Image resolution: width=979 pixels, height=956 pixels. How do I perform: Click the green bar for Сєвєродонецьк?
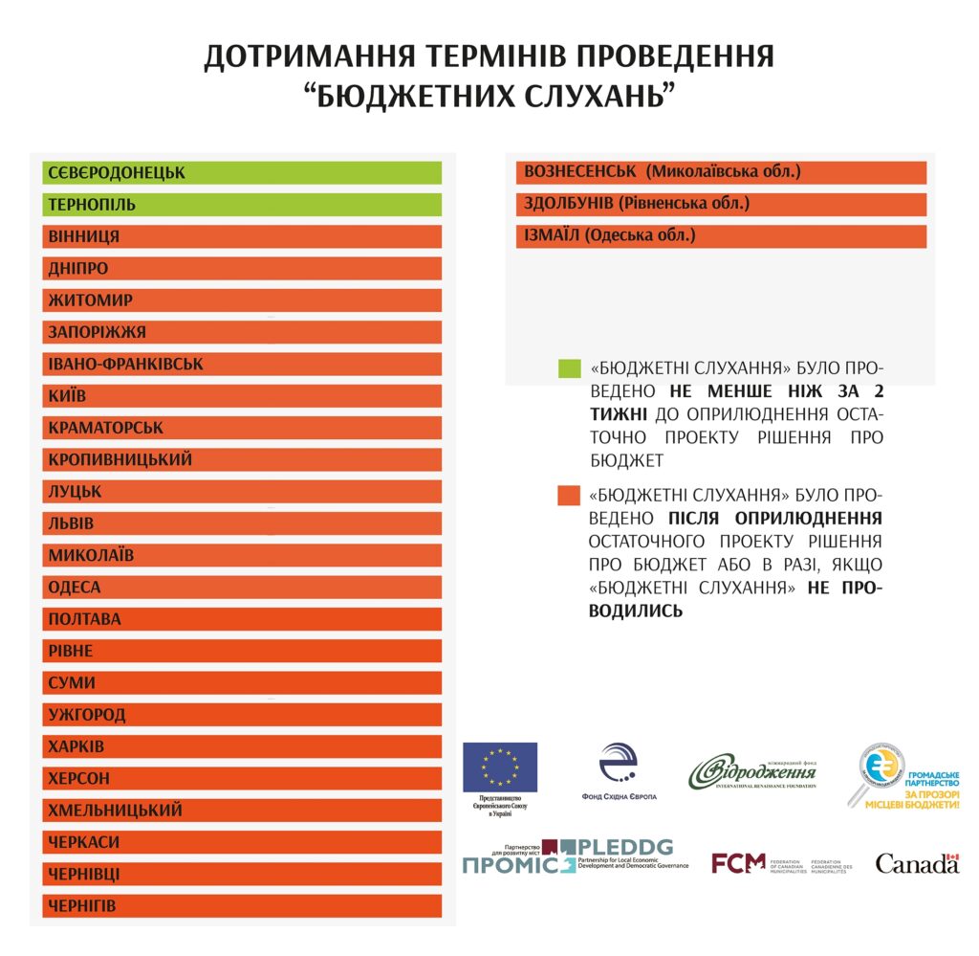click(x=242, y=172)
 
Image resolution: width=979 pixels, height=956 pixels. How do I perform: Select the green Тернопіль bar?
click(x=242, y=205)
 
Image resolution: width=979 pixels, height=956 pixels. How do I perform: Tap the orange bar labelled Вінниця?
click(x=242, y=236)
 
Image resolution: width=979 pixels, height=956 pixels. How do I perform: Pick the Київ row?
click(x=242, y=395)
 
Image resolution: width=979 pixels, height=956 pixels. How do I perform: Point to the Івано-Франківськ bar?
click(x=242, y=364)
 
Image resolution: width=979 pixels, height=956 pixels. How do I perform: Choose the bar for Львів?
click(x=242, y=523)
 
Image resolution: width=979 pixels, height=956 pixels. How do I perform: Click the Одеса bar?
click(x=242, y=587)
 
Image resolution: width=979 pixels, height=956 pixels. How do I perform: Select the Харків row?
click(x=242, y=746)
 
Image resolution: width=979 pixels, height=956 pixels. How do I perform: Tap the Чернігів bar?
click(x=242, y=905)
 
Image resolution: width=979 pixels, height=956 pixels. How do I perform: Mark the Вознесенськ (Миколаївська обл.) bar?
click(x=721, y=172)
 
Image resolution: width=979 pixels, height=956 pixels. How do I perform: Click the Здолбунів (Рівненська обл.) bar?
click(x=721, y=204)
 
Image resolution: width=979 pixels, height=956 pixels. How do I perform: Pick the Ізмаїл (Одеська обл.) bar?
click(x=721, y=235)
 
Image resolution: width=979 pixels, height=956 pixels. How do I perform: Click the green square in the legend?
click(x=569, y=367)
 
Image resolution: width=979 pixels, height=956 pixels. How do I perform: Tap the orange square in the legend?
click(x=569, y=496)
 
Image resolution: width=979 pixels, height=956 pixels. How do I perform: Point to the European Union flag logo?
click(x=500, y=767)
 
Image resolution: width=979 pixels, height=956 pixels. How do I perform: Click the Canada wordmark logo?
click(x=917, y=863)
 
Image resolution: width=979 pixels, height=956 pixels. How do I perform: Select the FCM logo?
click(x=739, y=863)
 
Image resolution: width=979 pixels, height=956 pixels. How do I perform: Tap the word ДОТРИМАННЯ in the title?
click(x=309, y=56)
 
